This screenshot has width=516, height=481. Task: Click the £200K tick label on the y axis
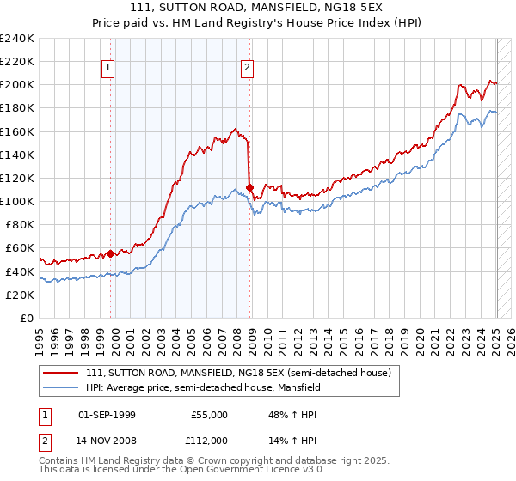pyautogui.click(x=17, y=85)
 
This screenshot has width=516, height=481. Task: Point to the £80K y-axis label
pyautogui.click(x=20, y=225)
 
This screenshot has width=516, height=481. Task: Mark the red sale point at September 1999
pyautogui.click(x=111, y=253)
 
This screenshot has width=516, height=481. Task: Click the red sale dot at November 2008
pyautogui.click(x=250, y=187)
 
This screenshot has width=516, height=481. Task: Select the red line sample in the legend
pyautogui.click(x=60, y=373)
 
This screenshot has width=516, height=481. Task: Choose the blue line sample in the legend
pyautogui.click(x=60, y=387)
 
